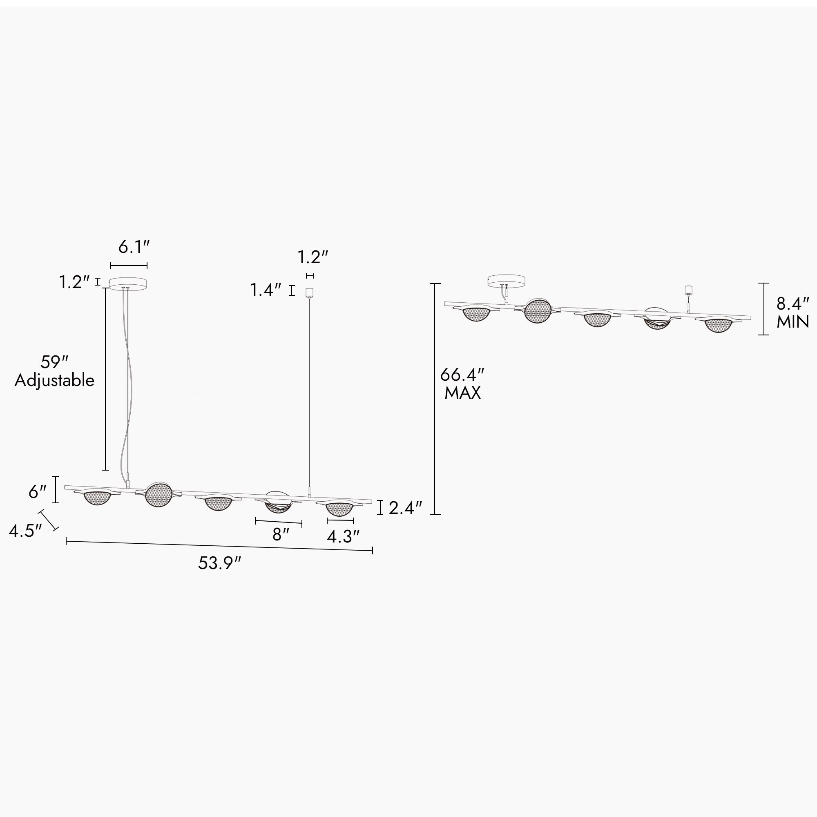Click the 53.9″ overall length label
219,563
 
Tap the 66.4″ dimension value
462,375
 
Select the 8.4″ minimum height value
793,304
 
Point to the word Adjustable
55,381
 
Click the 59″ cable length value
55,362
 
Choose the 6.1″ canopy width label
134,247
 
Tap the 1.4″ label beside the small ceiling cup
266,290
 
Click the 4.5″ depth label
25,531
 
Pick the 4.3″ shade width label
343,537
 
